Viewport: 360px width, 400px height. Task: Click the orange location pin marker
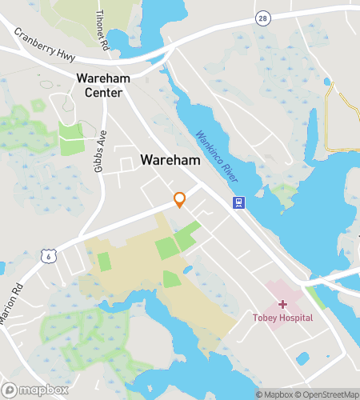pyautogui.click(x=180, y=199)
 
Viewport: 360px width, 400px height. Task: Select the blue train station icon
pyautogui.click(x=238, y=202)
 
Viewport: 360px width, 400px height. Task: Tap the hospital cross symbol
pyautogui.click(x=282, y=305)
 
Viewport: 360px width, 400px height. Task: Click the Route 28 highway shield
pyautogui.click(x=262, y=17)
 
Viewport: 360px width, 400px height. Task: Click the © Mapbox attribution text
pyautogui.click(x=274, y=394)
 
